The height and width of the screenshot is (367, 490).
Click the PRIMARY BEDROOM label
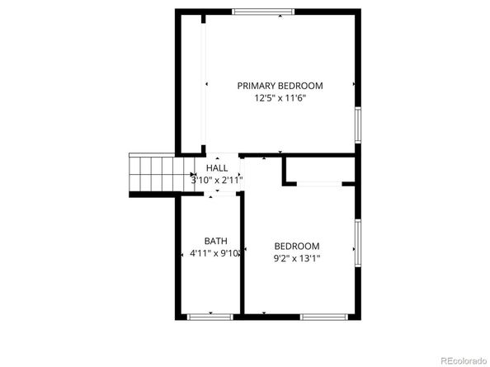coord(280,85)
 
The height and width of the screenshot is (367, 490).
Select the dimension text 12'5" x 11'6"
coord(280,97)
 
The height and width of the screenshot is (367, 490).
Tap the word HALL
coord(217,167)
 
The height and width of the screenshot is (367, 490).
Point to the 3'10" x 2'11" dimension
coord(217,179)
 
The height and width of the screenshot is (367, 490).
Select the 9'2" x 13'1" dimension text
coord(297,258)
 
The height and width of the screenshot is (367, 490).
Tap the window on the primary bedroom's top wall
coord(262,11)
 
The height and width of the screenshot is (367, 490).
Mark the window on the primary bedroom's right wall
coord(358,125)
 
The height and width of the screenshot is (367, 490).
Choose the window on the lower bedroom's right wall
coord(358,242)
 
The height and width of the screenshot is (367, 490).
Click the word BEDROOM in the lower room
coord(297,246)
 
